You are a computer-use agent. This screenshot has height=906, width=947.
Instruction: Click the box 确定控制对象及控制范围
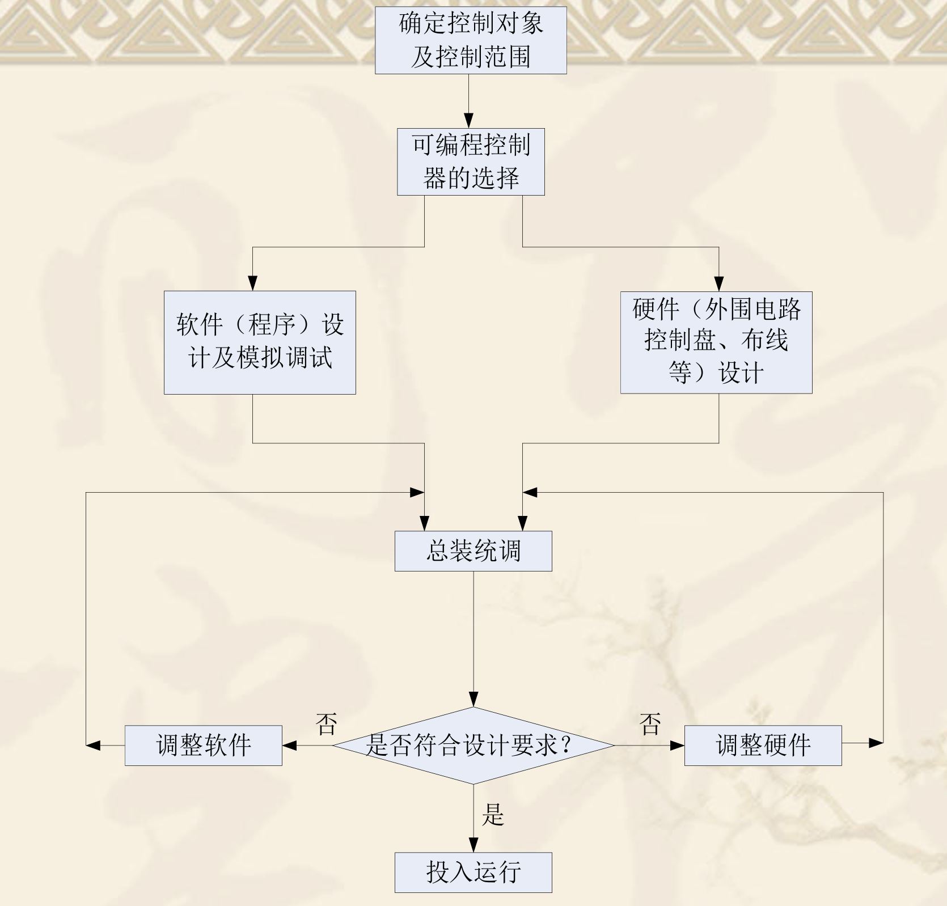tap(471, 40)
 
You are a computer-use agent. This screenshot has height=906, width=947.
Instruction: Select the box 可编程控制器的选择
tap(471, 162)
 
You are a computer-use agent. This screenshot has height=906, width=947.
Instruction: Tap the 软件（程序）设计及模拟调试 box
tap(260, 342)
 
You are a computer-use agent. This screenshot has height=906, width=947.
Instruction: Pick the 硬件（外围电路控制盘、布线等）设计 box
tap(716, 342)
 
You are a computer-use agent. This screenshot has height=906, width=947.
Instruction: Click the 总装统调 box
tap(473, 551)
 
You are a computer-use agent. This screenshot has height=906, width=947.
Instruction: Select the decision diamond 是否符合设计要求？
tap(473, 745)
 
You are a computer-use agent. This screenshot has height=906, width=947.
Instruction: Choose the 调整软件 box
tap(203, 745)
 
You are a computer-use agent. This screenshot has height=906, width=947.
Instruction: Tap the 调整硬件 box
tap(763, 745)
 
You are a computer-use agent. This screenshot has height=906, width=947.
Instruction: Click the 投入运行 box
tap(473, 872)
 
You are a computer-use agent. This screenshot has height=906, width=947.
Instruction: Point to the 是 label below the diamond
tap(492, 815)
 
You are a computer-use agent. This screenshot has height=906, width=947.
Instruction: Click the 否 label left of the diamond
tap(326, 724)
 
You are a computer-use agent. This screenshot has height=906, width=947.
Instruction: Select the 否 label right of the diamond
tap(650, 724)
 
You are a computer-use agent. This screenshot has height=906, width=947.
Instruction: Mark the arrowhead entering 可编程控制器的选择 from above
tap(468, 121)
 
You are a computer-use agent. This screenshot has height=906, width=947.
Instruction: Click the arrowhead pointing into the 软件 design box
tap(253, 283)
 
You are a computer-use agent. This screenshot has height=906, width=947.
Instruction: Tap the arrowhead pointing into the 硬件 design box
tap(719, 284)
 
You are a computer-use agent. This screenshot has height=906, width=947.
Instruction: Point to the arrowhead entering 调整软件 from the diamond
tap(290, 745)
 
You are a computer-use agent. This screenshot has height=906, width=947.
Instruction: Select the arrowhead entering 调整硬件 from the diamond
tap(677, 745)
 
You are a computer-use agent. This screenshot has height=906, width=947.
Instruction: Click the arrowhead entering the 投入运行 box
tap(473, 845)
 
